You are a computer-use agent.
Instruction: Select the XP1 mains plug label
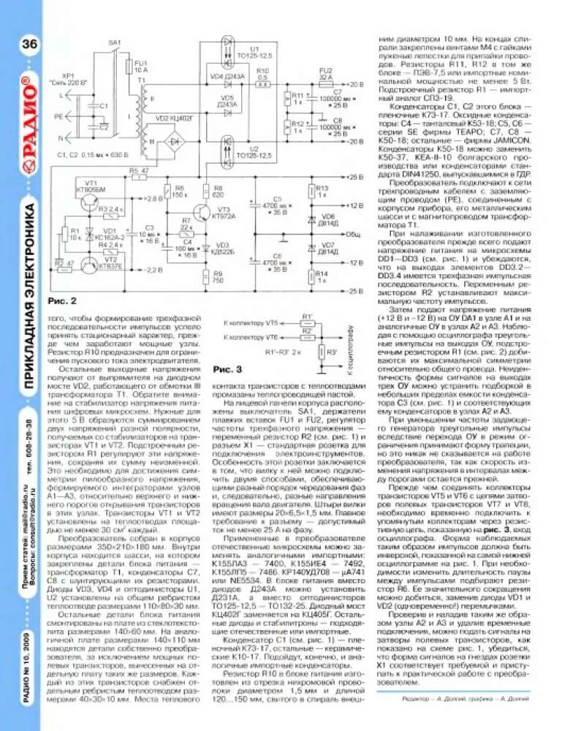tap(71, 78)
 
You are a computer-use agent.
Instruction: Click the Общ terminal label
tap(353, 235)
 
